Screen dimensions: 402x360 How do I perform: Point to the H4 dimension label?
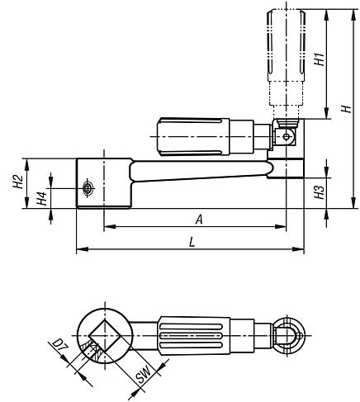(42, 199)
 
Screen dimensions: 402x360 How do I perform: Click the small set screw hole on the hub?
(88, 189)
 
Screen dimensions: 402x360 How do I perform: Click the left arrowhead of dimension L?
(79, 248)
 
